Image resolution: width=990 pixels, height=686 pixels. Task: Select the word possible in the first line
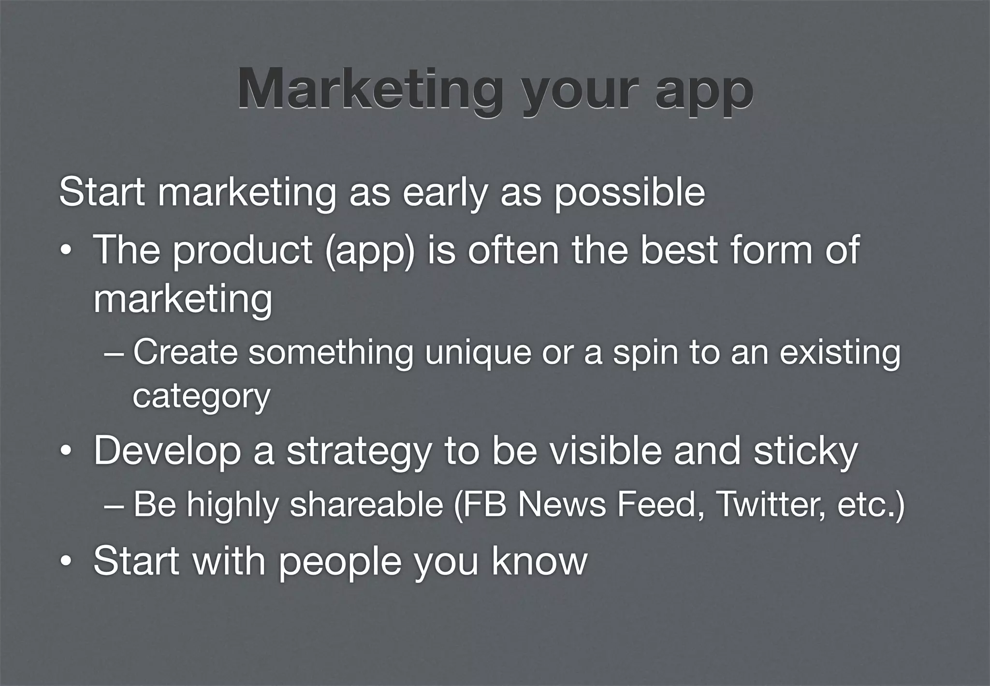click(629, 194)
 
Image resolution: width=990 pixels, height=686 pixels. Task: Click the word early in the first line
click(443, 194)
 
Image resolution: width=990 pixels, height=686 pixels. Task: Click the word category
click(201, 397)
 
